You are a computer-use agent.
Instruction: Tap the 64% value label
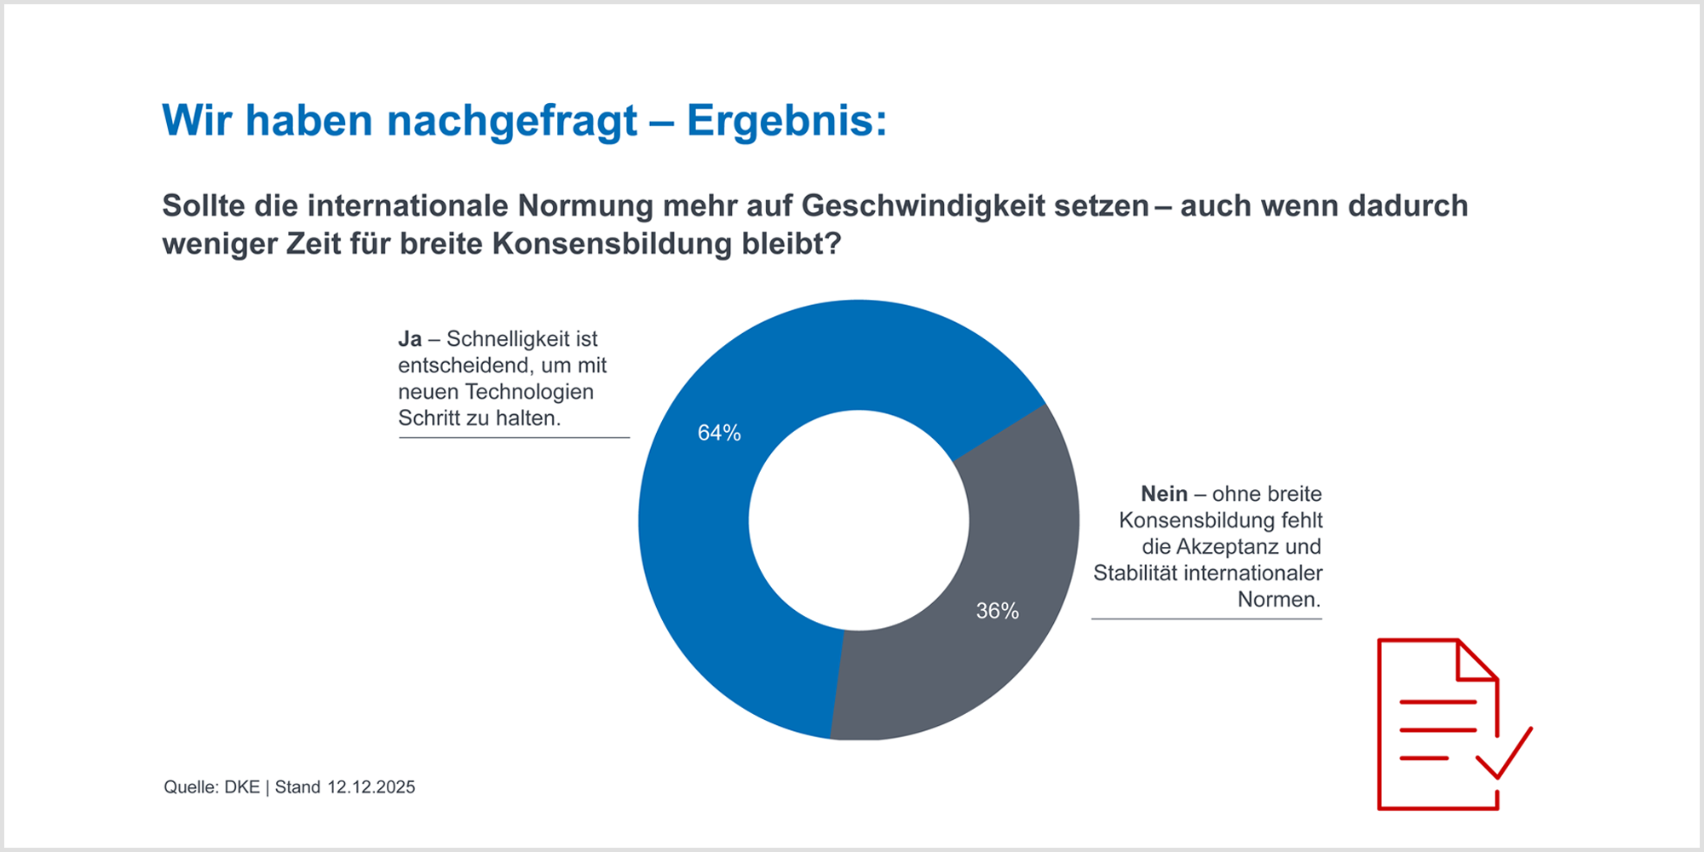[x=719, y=433]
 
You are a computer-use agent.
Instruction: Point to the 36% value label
[x=997, y=611]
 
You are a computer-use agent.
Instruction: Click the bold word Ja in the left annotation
[x=410, y=339]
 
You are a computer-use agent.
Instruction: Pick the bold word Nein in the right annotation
[x=1164, y=494]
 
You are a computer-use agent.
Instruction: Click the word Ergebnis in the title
[x=780, y=121]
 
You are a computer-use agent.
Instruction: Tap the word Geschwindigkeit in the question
[x=975, y=206]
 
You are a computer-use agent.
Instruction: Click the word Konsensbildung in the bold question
[x=611, y=245]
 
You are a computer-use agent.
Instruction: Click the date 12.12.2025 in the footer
[x=371, y=787]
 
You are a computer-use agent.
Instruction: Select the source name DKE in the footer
[x=242, y=787]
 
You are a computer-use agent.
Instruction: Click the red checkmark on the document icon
[x=1505, y=754]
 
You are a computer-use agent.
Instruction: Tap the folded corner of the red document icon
[x=1476, y=661]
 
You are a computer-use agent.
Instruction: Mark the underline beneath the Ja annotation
[x=514, y=438]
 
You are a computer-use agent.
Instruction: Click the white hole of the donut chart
[x=859, y=520]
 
